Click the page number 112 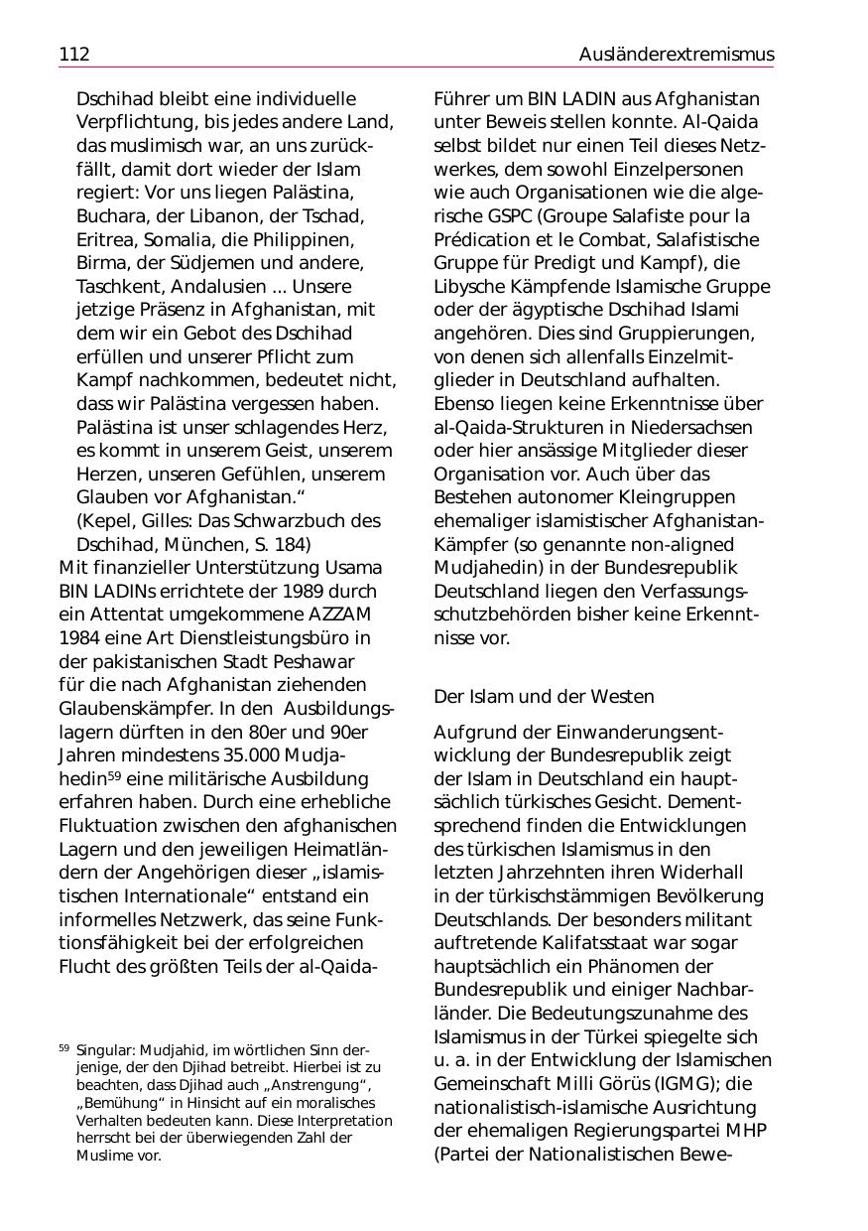[x=74, y=55]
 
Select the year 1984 [x=80, y=638]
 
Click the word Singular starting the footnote [x=104, y=1050]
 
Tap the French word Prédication [x=483, y=240]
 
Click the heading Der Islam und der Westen [x=544, y=698]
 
